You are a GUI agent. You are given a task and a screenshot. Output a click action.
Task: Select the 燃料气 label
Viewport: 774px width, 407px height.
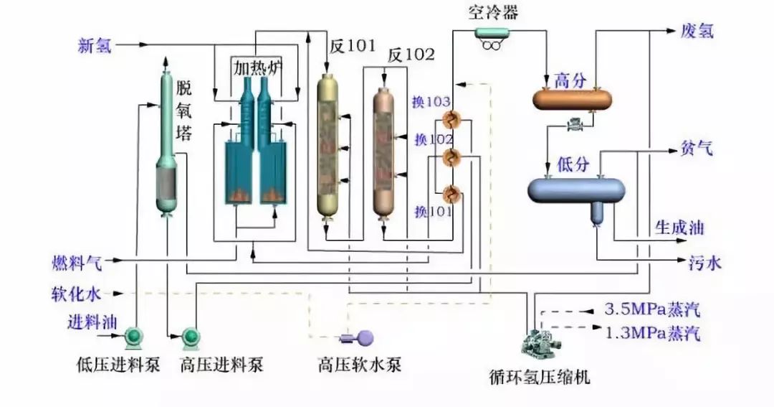coord(76,262)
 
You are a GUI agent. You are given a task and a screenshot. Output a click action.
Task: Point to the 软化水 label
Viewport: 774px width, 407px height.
coord(76,294)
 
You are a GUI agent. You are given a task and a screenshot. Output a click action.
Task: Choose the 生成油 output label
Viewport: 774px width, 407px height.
coord(679,229)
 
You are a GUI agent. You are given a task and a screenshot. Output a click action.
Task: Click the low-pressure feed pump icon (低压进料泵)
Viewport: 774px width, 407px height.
coord(133,336)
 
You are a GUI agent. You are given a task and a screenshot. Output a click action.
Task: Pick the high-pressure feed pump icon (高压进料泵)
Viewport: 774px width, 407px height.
coord(192,336)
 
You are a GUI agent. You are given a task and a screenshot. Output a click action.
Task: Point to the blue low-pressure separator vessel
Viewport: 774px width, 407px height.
coord(577,190)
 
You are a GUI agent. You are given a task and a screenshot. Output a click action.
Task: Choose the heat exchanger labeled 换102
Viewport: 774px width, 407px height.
coord(451,156)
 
